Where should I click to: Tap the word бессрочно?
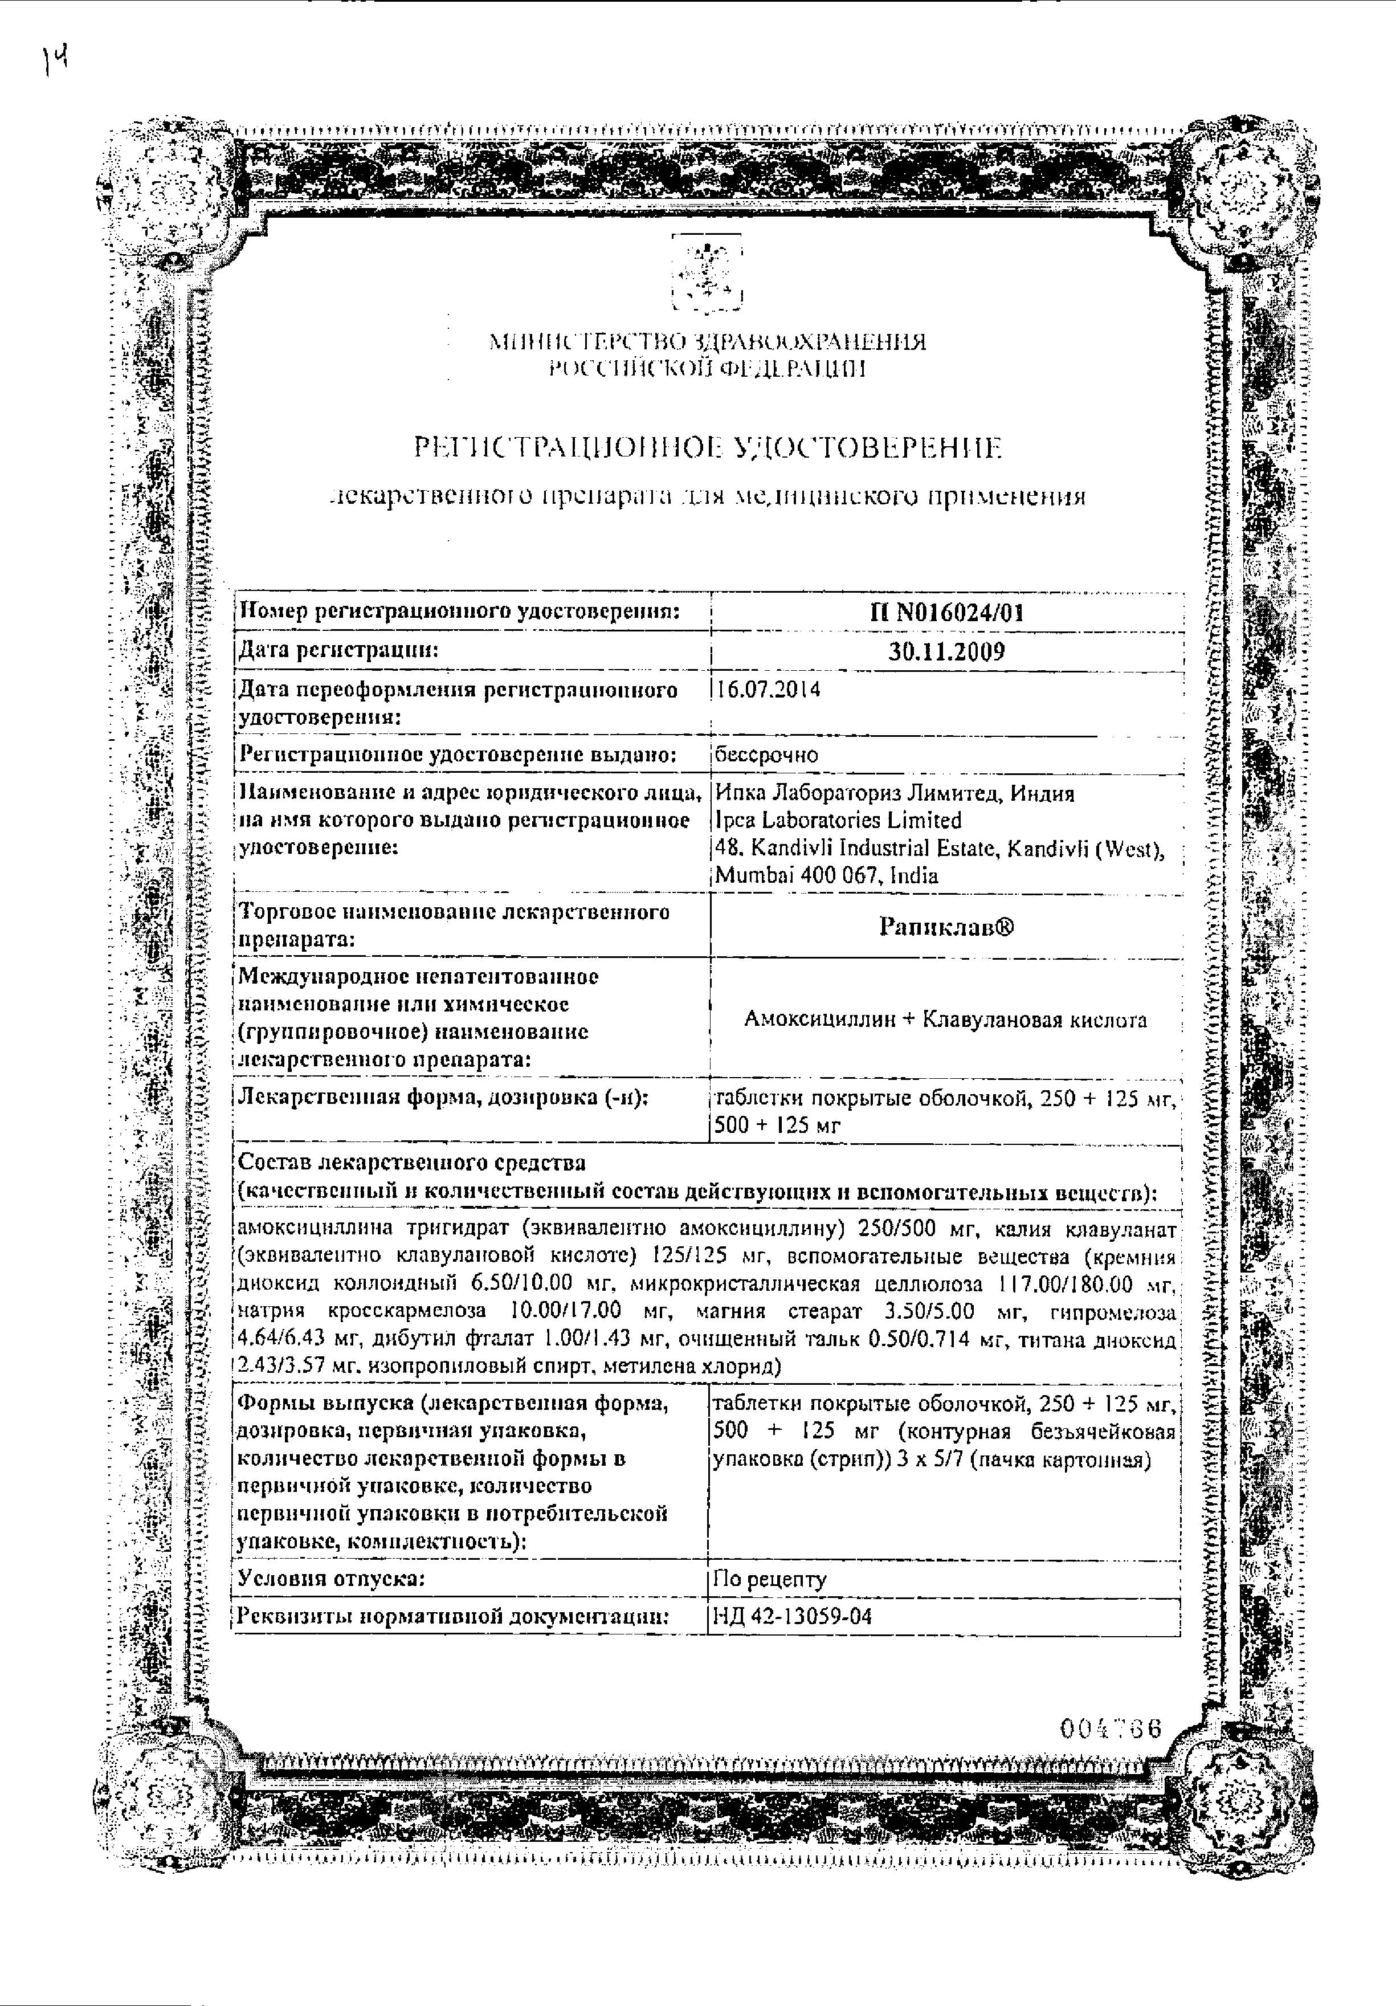(x=766, y=755)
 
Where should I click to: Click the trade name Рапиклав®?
(x=946, y=927)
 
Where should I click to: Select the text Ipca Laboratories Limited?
(x=838, y=821)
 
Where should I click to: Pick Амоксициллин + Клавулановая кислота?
(x=946, y=1020)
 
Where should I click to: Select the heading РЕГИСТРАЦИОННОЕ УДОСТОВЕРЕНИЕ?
(x=708, y=449)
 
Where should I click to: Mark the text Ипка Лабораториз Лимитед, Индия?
(x=895, y=793)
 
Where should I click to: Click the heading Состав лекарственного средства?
(x=413, y=1163)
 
